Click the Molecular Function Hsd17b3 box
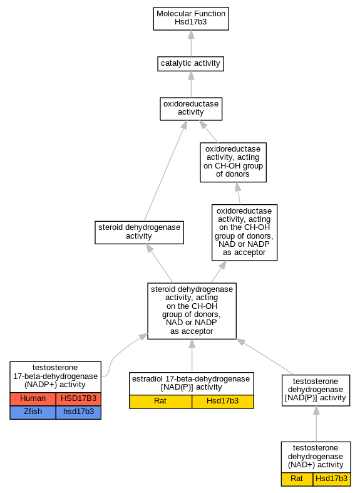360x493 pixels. pyautogui.click(x=191, y=19)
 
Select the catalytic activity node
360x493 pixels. pyautogui.click(x=191, y=64)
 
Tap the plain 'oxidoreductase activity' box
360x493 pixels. pyautogui.click(x=191, y=109)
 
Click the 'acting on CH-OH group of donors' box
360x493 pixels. pyautogui.click(x=233, y=162)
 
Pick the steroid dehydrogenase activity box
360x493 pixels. pyautogui.click(x=139, y=232)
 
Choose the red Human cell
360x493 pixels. pyautogui.click(x=33, y=399)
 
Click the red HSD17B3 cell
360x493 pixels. pyautogui.click(x=78, y=399)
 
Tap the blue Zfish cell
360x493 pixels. pyautogui.click(x=33, y=412)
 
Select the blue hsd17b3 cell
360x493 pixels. pyautogui.click(x=78, y=412)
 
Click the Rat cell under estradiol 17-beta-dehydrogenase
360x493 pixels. pyautogui.click(x=160, y=402)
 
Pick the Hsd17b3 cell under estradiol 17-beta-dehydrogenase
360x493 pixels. pyautogui.click(x=223, y=402)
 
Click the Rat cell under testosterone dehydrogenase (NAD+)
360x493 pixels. pyautogui.click(x=297, y=479)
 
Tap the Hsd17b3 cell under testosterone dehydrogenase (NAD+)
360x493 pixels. pyautogui.click(x=332, y=479)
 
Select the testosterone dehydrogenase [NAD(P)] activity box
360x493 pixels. pyautogui.click(x=316, y=390)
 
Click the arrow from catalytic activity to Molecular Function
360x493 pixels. pyautogui.click(x=191, y=43)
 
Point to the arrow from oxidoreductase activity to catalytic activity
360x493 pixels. pyautogui.click(x=191, y=85)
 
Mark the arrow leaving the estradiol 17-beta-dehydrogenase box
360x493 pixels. pyautogui.click(x=192, y=356)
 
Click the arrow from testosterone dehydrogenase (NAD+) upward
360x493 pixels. pyautogui.click(x=316, y=424)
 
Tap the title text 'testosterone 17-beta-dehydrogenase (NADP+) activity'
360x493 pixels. pyautogui.click(x=55, y=376)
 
